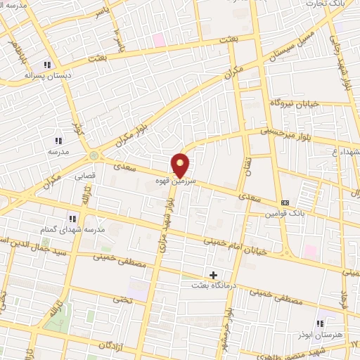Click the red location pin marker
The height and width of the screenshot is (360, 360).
(x=181, y=165)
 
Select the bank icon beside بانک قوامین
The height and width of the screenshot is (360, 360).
(x=285, y=202)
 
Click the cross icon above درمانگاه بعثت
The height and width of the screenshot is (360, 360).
(x=213, y=274)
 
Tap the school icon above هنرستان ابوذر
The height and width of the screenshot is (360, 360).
(x=320, y=323)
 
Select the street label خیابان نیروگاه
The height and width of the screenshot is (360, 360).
(x=295, y=103)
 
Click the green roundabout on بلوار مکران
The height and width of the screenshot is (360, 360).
(x=94, y=155)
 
